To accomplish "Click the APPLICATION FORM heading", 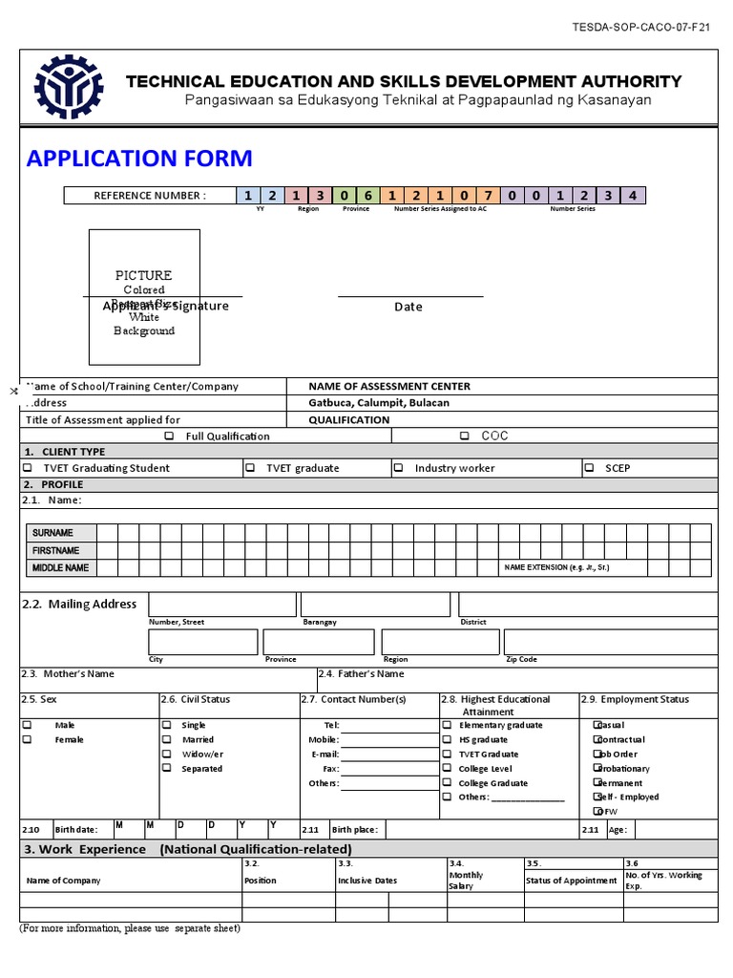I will coord(139,159).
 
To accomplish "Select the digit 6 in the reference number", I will coord(367,196).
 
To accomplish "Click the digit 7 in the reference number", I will coord(488,196).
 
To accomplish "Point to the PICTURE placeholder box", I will coord(144,297).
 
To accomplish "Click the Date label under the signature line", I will coord(408,307).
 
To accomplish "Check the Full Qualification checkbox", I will coord(169,436).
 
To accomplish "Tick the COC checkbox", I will coord(464,436).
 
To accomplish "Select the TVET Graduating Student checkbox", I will coord(28,468).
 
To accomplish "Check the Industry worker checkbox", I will coord(400,468).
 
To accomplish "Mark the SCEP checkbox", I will coord(590,468).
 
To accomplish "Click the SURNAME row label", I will coord(52,533).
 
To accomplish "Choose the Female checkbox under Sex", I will coord(28,739).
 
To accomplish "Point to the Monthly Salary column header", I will coord(466,880).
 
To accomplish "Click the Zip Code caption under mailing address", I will coord(521,659).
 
